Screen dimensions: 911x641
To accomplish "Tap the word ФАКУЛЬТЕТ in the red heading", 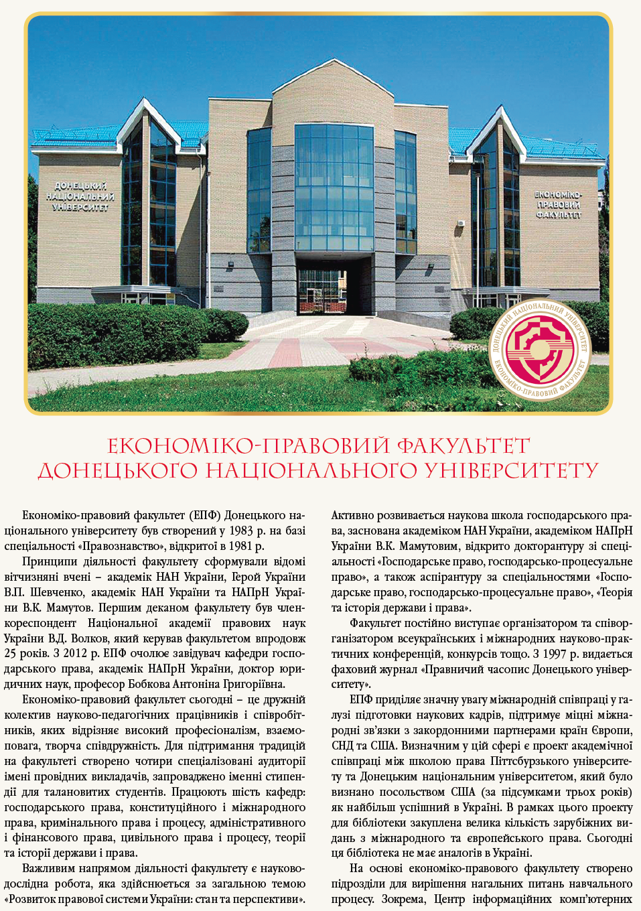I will [463, 446].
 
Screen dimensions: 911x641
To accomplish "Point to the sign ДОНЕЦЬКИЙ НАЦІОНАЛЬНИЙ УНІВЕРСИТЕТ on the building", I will [79, 196].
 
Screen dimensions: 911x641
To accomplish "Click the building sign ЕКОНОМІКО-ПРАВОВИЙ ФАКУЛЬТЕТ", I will [558, 204].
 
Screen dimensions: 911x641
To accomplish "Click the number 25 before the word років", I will [11, 653].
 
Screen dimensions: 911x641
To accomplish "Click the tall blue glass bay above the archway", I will [334, 188].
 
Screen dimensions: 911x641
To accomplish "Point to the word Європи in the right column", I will [613, 730].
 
